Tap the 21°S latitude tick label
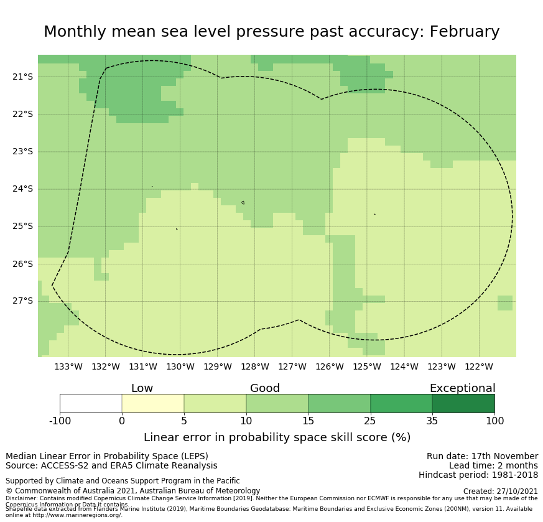[22, 77]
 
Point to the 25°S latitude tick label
[22, 226]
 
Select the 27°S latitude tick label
[22, 301]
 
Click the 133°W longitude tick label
[68, 366]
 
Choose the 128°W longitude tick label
[254, 366]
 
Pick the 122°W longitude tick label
[478, 366]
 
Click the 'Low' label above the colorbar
[142, 388]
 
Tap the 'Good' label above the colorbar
[265, 388]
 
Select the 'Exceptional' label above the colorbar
[462, 388]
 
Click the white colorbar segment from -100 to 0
[91, 403]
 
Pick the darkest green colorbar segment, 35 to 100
[463, 403]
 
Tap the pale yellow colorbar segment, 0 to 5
[153, 403]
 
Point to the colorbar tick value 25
[370, 421]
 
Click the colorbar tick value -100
[60, 421]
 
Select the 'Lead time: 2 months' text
[493, 466]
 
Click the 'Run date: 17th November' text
[482, 457]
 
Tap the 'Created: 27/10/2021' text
[501, 492]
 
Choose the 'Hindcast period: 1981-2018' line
[478, 475]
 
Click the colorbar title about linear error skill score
[277, 437]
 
